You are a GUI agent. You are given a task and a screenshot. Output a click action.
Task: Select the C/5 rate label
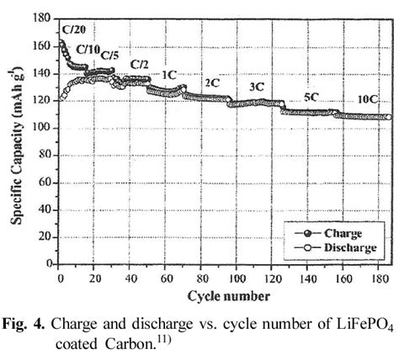[110, 56]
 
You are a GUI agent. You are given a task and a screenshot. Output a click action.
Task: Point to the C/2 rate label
[140, 65]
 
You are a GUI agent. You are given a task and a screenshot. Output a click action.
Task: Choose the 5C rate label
[311, 97]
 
